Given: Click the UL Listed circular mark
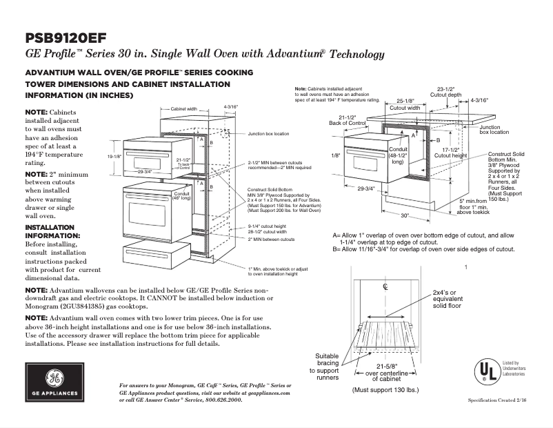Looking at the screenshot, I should pyautogui.click(x=488, y=370).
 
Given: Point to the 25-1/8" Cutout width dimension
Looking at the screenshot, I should pyautogui.click(x=405, y=104).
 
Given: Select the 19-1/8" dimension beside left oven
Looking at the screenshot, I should pyautogui.click(x=114, y=157).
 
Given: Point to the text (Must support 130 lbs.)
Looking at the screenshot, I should pyautogui.click(x=385, y=390).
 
